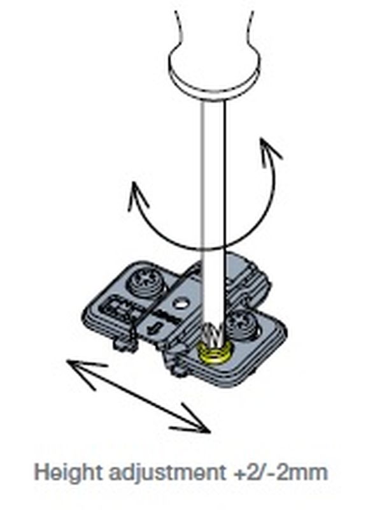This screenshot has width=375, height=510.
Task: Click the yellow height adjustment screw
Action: click(x=213, y=353)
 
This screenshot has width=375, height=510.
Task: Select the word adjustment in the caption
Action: click(x=167, y=472)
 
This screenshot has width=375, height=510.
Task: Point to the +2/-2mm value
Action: click(x=280, y=472)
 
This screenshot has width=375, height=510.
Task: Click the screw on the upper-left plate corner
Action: click(x=148, y=282)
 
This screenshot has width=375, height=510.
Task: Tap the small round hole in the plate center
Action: click(x=180, y=305)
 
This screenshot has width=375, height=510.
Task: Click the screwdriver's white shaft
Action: click(x=213, y=212)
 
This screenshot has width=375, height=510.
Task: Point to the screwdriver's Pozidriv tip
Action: click(x=211, y=335)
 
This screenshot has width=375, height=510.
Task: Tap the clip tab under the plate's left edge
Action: click(x=125, y=345)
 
